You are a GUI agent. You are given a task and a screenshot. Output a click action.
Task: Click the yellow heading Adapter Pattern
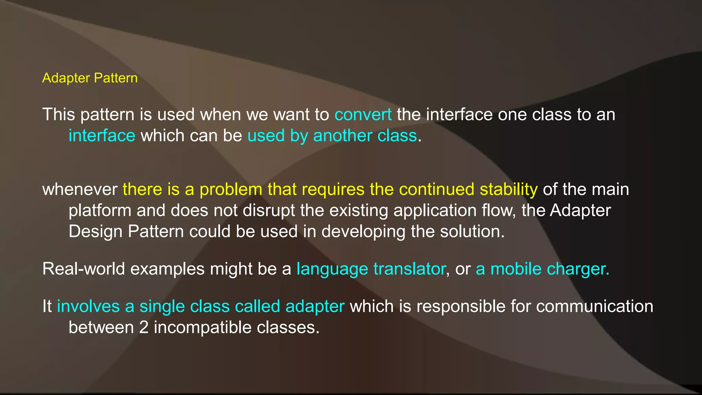(90, 78)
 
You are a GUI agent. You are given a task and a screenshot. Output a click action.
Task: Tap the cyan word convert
(363, 115)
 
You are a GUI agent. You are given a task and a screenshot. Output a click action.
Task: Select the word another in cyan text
(342, 136)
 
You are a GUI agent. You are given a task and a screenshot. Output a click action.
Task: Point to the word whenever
(80, 190)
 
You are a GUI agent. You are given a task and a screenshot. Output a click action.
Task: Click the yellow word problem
(231, 190)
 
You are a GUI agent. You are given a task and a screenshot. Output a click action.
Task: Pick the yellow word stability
(508, 190)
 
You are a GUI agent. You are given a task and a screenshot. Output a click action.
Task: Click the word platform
(100, 211)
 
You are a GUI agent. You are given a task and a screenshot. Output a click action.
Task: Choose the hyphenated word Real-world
(84, 269)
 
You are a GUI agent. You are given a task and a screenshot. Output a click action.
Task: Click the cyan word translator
(410, 269)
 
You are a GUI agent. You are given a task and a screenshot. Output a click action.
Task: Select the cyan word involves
(88, 306)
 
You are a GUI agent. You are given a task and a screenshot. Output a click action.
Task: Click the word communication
(594, 306)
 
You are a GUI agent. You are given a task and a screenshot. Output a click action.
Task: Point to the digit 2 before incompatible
(144, 327)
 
